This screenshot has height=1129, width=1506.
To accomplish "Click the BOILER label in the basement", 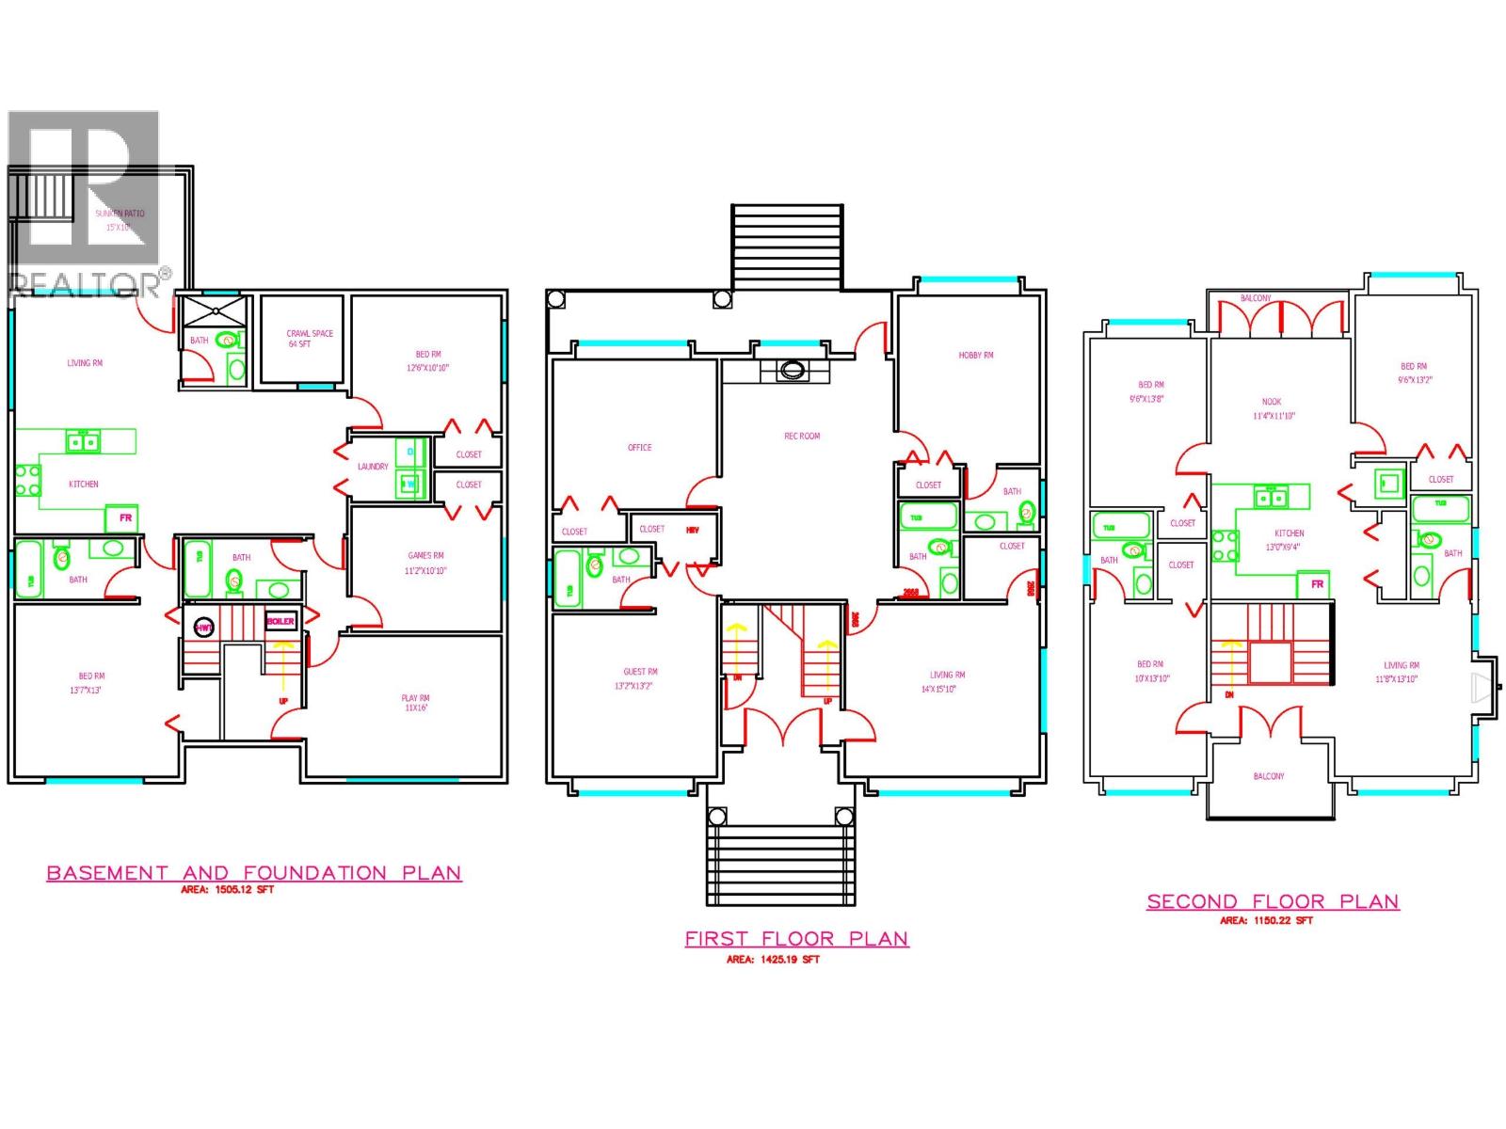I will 280,621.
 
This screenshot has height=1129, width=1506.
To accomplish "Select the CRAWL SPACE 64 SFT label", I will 310,339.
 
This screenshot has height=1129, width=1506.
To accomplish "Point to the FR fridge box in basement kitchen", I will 123,517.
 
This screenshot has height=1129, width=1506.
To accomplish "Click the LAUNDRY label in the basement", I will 373,467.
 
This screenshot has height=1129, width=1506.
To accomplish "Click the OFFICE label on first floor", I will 639,448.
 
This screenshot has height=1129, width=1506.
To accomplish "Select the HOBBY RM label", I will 976,356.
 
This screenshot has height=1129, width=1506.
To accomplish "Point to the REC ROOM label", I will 802,437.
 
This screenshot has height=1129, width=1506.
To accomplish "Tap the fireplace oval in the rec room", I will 791,371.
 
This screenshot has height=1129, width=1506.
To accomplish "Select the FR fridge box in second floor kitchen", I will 1317,584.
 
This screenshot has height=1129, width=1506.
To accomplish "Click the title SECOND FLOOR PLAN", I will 1273,901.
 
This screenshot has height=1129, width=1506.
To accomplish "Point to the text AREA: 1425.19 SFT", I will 773,960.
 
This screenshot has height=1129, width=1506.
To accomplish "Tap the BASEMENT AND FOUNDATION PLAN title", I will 254,873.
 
